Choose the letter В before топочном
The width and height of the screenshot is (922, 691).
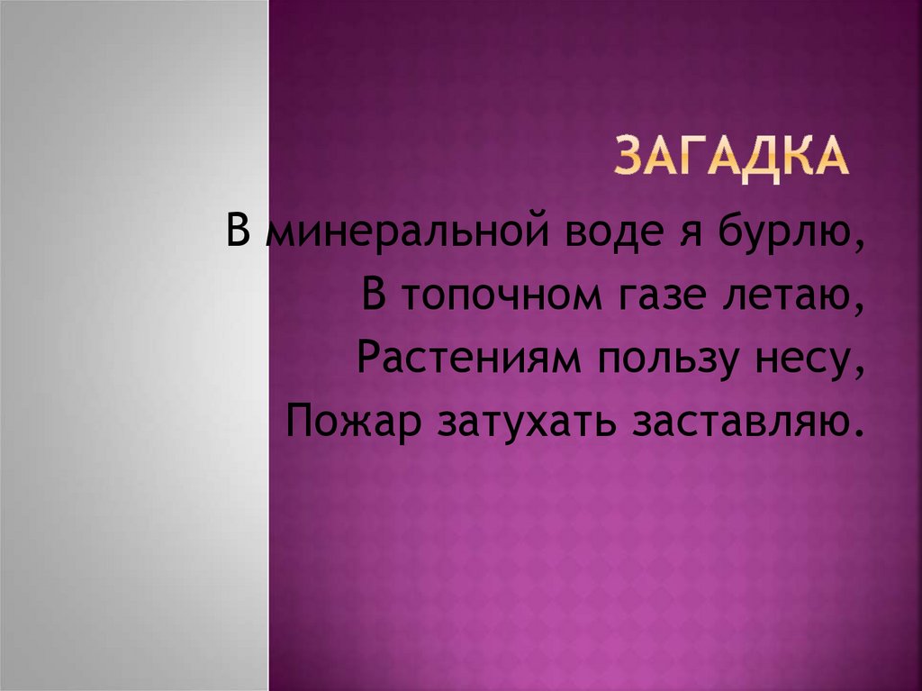click(x=375, y=295)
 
